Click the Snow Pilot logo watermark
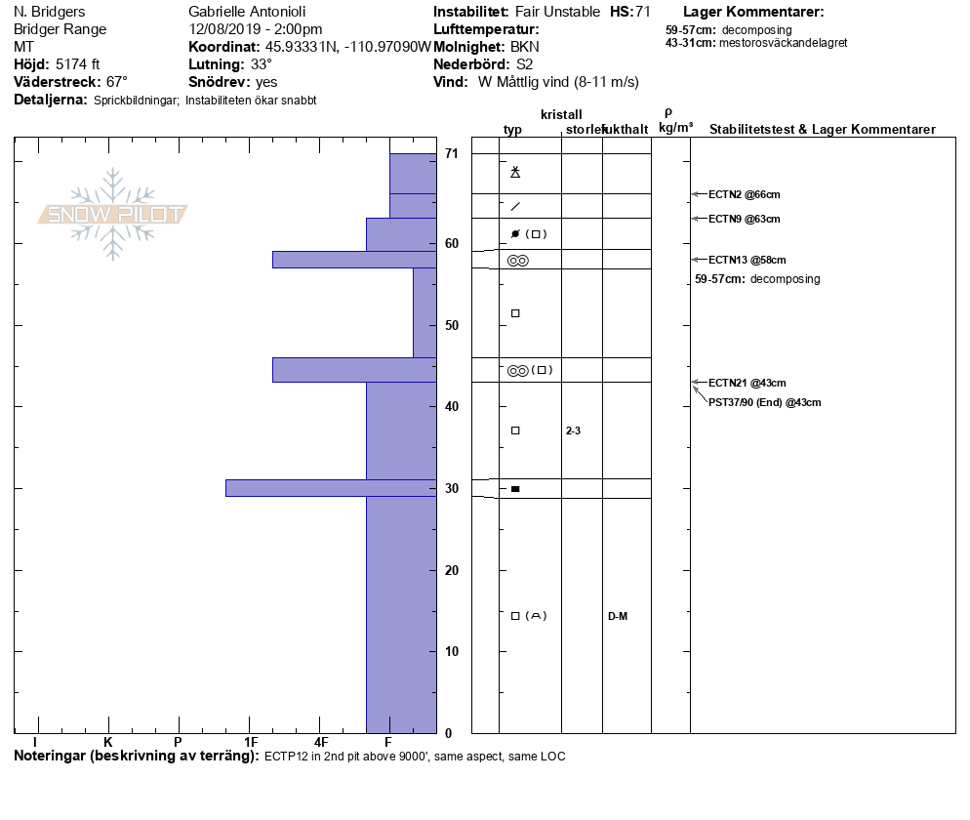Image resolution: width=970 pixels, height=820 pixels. pos(112,215)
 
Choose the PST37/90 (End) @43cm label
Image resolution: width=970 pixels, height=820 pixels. pos(764,402)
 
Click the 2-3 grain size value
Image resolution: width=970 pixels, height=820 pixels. pos(573,430)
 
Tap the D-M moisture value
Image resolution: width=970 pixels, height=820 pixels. pos(617,616)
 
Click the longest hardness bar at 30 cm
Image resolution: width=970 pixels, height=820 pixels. pos(331,488)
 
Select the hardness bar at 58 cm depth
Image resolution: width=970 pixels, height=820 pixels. pos(353,260)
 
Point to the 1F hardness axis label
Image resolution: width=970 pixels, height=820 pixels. pos(251,743)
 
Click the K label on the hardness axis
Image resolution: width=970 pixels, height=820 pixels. pos(108,743)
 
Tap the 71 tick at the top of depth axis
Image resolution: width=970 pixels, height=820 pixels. pos(451,153)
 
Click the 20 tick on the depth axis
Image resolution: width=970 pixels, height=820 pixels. pos(451,570)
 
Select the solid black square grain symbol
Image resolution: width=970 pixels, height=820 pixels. pos(515,488)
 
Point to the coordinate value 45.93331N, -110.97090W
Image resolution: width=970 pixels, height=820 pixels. pos(348,47)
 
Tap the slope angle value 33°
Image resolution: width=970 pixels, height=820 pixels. pos(262,64)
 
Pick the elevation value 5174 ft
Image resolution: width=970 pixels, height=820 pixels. pos(79,64)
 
